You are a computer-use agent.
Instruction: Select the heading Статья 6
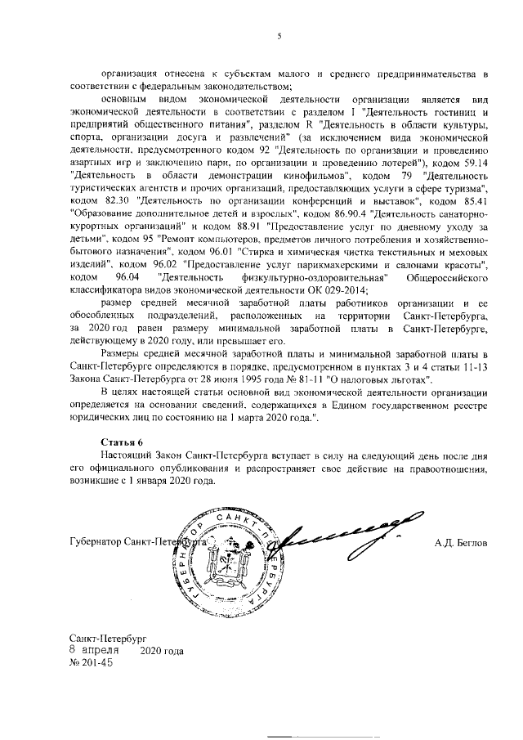click(115, 441)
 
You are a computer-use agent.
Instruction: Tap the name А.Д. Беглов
click(462, 542)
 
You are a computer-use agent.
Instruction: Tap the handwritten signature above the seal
click(351, 531)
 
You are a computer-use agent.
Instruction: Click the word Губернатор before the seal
click(99, 542)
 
